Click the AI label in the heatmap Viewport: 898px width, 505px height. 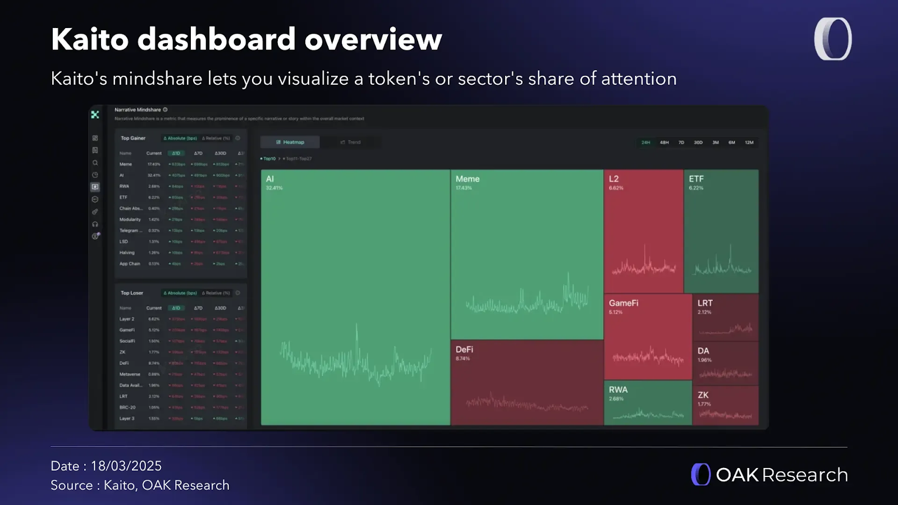point(270,179)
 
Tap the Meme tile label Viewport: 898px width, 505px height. point(468,179)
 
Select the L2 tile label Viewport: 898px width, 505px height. point(613,179)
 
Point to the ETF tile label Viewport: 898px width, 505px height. point(696,179)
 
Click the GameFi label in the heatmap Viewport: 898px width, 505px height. point(624,303)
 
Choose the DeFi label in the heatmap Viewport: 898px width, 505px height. point(464,350)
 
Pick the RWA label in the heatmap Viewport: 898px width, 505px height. point(618,390)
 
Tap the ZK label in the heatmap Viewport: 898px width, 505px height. point(703,395)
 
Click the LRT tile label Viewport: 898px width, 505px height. point(705,303)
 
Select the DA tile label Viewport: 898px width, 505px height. point(703,351)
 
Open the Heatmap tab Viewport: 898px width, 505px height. point(290,143)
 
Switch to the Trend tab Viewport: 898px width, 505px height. point(351,143)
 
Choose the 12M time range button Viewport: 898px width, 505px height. point(749,143)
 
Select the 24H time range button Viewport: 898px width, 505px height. point(645,143)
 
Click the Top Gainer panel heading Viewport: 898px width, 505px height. point(133,138)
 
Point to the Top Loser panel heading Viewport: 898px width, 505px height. point(132,293)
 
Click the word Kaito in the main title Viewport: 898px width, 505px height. point(90,39)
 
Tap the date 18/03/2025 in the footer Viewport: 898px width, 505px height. point(126,466)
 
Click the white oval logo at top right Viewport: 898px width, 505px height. point(833,39)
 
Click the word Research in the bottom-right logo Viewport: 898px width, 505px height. point(805,475)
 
